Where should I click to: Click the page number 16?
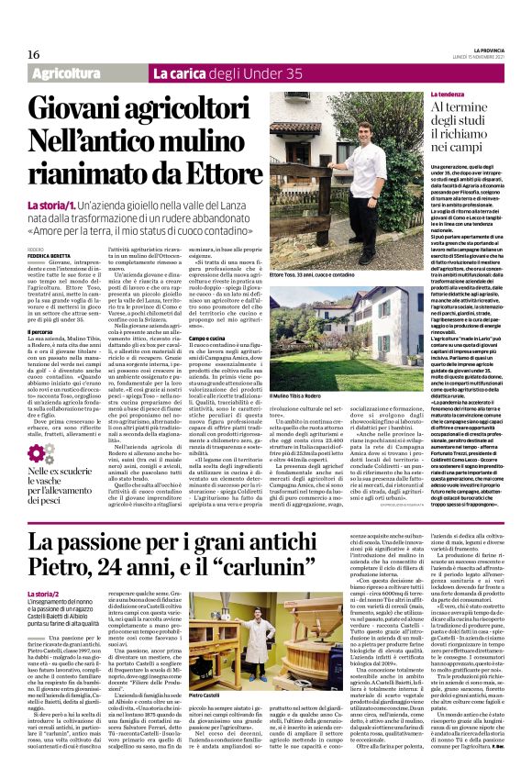[x=20, y=55]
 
